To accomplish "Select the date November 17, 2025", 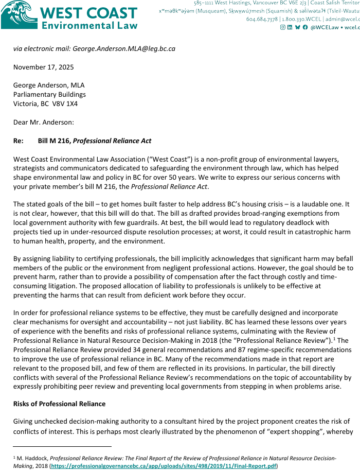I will pyautogui.click(x=44, y=67).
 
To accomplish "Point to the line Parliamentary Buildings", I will pyautogui.click(x=49, y=94).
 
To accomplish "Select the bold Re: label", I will pyautogui.click(x=20, y=141).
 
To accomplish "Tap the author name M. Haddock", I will pyautogui.click(x=32, y=458).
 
